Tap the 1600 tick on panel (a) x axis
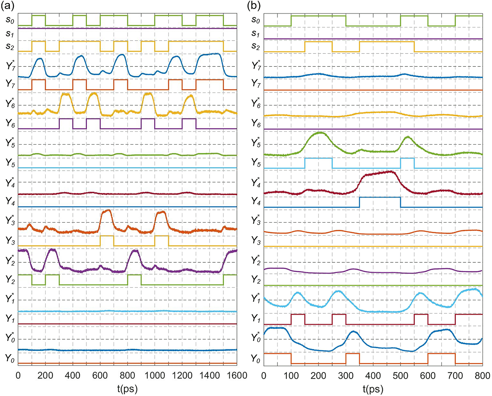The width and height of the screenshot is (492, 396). click(237, 375)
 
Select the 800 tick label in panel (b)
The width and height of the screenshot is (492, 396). click(482, 375)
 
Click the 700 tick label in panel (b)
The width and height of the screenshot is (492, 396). click(455, 375)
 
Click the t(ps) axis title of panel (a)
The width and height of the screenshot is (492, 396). click(128, 389)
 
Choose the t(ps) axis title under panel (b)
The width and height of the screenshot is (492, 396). click(373, 389)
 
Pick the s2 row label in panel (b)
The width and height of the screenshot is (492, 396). click(256, 46)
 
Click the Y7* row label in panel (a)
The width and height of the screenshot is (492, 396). click(10, 66)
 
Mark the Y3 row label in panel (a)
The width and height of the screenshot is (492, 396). click(10, 241)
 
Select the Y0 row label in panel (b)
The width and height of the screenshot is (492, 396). click(256, 359)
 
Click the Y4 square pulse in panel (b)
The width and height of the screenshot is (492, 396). click(380, 198)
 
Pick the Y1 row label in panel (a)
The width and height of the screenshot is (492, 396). click(10, 319)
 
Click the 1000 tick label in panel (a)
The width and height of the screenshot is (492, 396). click(155, 375)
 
